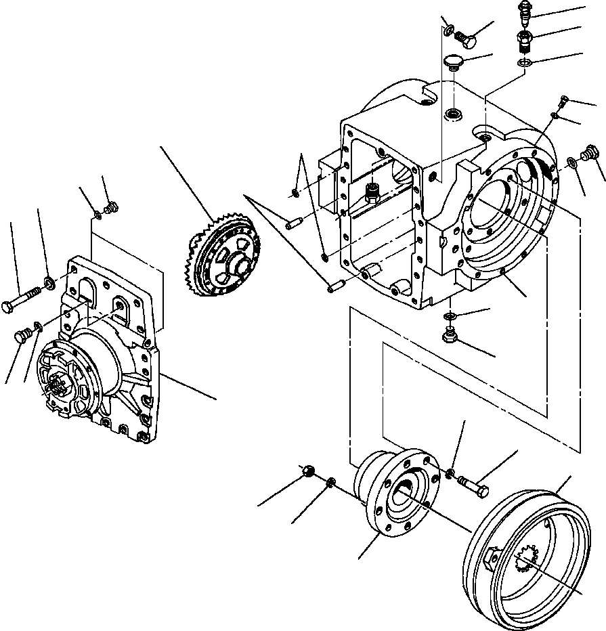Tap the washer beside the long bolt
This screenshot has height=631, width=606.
pos(49,281)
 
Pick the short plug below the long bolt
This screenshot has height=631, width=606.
pos(23,334)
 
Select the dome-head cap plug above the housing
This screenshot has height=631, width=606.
pos(454,63)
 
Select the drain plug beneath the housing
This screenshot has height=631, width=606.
pos(449,334)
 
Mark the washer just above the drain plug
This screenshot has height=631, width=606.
pos(450,317)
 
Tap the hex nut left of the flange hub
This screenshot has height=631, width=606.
pos(308,470)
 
